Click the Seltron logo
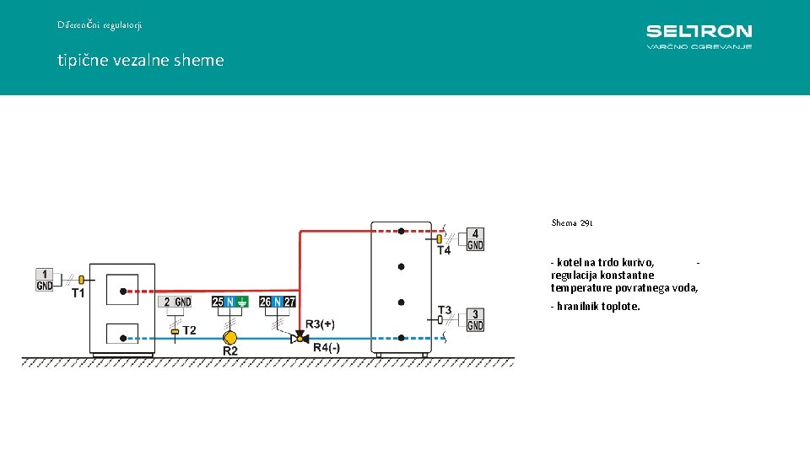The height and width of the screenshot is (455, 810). (x=699, y=35)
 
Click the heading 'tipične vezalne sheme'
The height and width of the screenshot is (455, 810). (x=141, y=61)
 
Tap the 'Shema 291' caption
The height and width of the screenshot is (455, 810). (x=572, y=223)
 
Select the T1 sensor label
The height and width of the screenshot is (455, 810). (x=78, y=293)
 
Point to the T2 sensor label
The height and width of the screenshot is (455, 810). (x=190, y=329)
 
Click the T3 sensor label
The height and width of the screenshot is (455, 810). (x=444, y=309)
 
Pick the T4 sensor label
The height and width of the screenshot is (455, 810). (x=444, y=250)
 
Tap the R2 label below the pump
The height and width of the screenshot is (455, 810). (x=230, y=351)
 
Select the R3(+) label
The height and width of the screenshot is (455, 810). (x=320, y=324)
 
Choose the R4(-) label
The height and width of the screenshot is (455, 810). (x=327, y=347)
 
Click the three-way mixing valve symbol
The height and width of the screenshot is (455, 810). (x=298, y=338)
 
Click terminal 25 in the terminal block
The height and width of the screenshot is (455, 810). (x=218, y=302)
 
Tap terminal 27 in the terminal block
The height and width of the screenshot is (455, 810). (x=289, y=302)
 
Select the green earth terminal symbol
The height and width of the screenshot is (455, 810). (x=242, y=302)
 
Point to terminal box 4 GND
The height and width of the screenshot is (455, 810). (x=476, y=239)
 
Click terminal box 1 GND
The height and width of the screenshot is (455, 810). (x=45, y=280)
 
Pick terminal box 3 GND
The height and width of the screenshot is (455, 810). (x=476, y=320)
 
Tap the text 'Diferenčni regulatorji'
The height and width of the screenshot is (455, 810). (x=100, y=25)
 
